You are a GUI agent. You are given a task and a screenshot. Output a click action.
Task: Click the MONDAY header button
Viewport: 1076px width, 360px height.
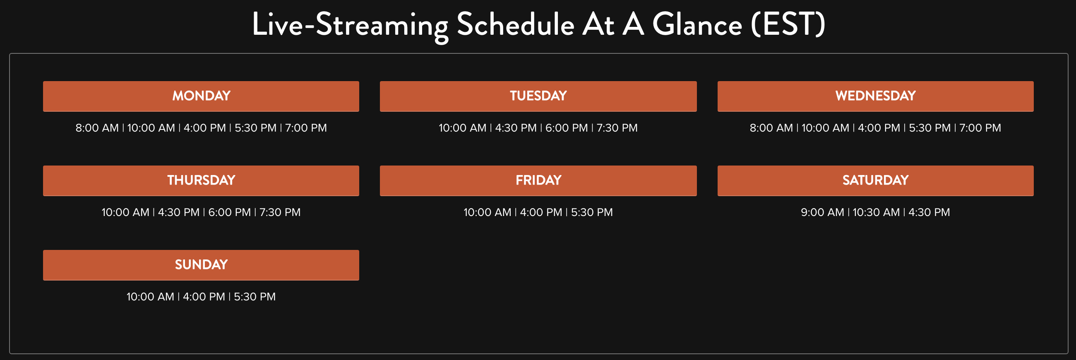(x=201, y=96)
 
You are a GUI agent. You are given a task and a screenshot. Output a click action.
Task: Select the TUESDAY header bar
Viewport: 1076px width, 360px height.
(x=538, y=96)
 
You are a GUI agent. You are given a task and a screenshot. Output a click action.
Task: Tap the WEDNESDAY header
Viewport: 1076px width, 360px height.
(x=876, y=96)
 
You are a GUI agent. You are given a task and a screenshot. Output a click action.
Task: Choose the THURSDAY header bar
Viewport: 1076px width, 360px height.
(x=201, y=180)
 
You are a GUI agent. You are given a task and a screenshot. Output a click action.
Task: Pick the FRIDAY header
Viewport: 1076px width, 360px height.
(x=538, y=180)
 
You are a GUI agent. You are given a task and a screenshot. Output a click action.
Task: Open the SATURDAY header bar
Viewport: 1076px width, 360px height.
(x=876, y=180)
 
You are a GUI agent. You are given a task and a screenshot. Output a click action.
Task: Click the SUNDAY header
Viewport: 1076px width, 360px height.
(x=201, y=265)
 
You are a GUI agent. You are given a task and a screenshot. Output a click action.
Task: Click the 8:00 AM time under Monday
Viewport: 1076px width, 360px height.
(x=97, y=128)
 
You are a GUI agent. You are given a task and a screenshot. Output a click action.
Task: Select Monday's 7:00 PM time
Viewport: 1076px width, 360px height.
(x=306, y=128)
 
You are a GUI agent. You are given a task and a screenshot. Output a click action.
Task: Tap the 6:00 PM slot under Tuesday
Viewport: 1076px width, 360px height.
(x=567, y=128)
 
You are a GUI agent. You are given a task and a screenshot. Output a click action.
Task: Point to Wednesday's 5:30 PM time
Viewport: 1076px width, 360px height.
(x=930, y=128)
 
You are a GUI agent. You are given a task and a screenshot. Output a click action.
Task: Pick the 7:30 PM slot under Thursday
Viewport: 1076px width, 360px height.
(x=280, y=212)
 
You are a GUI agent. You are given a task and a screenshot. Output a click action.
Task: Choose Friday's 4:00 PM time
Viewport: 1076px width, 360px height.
(x=541, y=212)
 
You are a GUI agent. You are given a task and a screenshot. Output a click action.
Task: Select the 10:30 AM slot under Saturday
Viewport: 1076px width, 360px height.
(x=877, y=212)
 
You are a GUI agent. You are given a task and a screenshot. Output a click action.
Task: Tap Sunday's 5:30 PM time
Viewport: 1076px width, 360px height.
(x=255, y=297)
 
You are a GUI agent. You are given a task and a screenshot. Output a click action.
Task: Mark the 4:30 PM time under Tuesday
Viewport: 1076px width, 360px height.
(x=516, y=128)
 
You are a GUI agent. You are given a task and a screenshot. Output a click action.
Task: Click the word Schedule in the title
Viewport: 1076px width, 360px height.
(x=515, y=24)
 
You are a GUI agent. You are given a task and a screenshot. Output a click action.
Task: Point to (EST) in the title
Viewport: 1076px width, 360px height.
(x=788, y=24)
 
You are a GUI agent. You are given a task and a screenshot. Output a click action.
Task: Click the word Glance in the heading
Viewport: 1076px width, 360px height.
(x=697, y=24)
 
